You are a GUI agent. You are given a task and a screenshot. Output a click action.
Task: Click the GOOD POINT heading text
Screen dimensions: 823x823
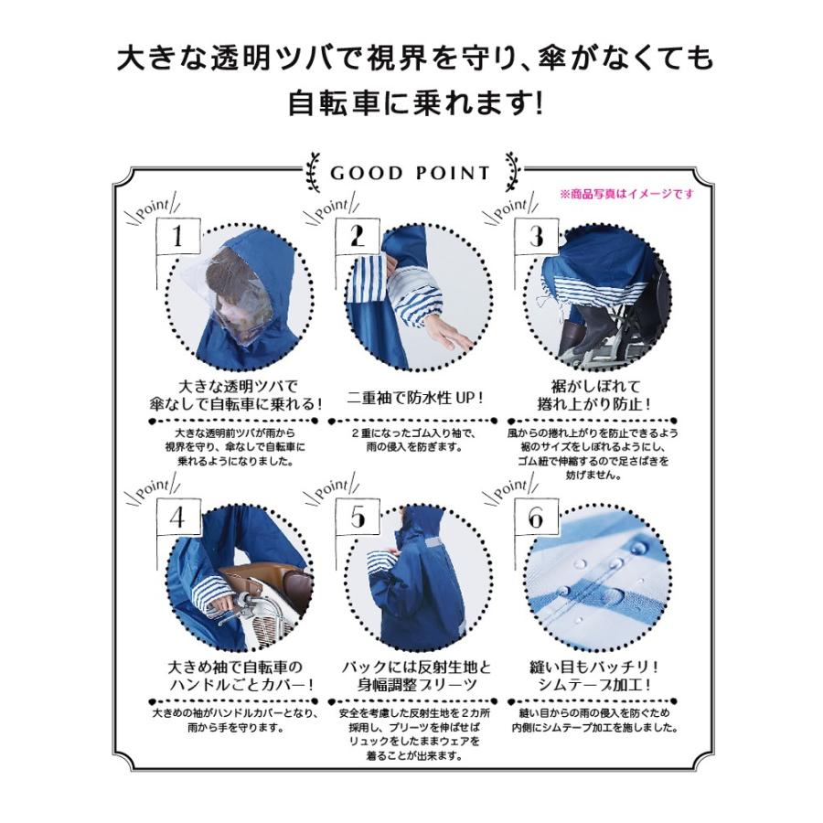coord(410,173)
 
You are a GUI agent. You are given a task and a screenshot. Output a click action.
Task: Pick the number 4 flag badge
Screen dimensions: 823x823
coord(177,518)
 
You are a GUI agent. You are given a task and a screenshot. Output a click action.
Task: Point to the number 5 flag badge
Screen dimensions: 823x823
coord(357,518)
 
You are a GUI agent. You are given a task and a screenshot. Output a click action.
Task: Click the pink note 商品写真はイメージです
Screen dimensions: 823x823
coord(626,194)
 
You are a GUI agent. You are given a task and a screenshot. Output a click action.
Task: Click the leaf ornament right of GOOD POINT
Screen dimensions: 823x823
coord(511,172)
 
